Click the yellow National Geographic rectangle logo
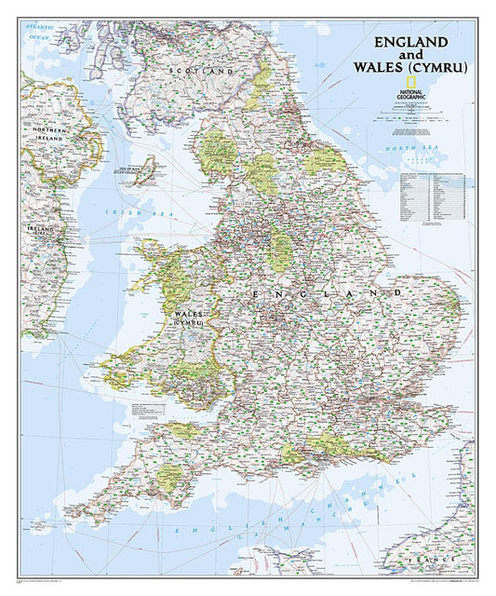383,82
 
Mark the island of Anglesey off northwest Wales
149,252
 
